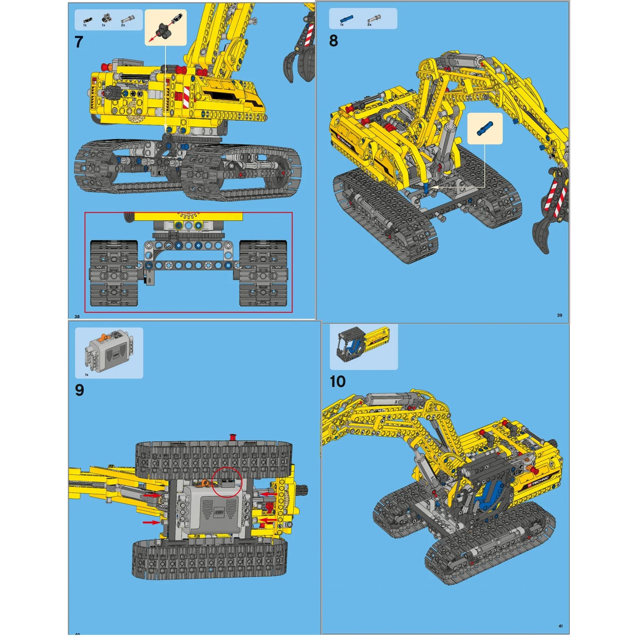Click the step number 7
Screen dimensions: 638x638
tap(79, 42)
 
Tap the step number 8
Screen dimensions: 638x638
tap(333, 41)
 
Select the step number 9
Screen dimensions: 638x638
tap(79, 390)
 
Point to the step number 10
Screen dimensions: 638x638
tap(338, 381)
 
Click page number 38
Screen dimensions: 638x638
tap(77, 317)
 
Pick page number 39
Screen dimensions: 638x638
tap(559, 315)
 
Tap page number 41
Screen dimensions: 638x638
tap(560, 626)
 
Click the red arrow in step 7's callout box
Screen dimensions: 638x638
tap(152, 39)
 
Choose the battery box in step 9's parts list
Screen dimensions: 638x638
tap(109, 352)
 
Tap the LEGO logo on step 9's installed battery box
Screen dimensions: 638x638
tap(219, 513)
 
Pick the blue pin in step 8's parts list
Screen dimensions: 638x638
tap(346, 19)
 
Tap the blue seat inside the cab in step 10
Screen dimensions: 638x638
tap(488, 495)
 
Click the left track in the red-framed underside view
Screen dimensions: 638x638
tap(114, 273)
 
